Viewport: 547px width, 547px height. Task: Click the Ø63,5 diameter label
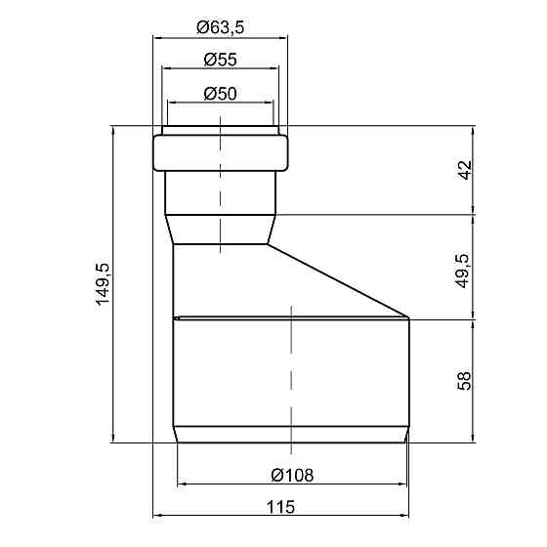(x=221, y=27)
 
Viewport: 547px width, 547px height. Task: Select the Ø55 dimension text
(x=221, y=60)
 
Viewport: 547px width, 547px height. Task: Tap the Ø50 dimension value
(x=221, y=94)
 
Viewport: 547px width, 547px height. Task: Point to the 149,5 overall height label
(x=104, y=284)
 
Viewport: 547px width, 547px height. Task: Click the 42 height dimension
(x=465, y=170)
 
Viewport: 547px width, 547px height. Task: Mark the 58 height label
(x=464, y=381)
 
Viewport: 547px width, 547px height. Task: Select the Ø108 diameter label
(x=292, y=475)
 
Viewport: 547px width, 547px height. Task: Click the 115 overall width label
(x=280, y=507)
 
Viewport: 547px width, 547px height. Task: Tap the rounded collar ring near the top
(x=221, y=153)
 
